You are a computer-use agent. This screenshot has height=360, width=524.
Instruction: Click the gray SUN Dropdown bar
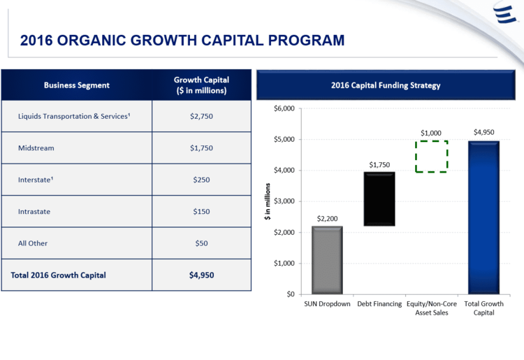(327, 259)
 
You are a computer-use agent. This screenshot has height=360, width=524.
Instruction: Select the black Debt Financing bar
(379, 199)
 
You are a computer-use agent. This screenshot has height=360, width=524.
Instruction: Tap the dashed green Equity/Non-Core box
(431, 157)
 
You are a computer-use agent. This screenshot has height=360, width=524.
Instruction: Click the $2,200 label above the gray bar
(327, 219)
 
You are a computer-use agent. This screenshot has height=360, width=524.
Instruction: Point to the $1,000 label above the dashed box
(431, 133)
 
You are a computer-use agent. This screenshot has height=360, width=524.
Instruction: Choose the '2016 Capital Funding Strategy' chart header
(386, 85)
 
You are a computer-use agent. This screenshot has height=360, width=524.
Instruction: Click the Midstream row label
(36, 148)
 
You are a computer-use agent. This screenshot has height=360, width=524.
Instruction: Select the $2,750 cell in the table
(201, 116)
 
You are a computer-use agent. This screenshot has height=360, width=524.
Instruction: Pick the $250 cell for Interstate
(201, 180)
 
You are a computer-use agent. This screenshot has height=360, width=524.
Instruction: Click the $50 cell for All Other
(201, 243)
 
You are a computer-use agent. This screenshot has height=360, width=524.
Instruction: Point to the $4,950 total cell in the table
(201, 275)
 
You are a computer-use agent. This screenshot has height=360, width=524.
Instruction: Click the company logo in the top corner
(504, 15)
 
